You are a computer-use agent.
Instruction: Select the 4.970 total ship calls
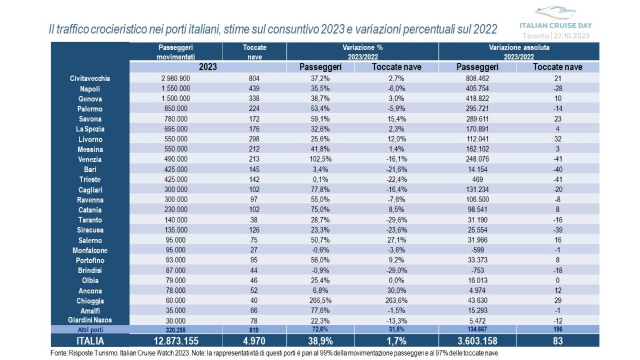254,341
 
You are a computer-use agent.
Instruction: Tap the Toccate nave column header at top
254,52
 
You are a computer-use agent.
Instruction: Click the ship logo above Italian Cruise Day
555,13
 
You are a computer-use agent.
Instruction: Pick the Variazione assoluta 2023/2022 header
519,52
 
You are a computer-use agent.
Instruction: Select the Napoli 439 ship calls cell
254,89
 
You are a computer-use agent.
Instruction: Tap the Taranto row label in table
89,220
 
